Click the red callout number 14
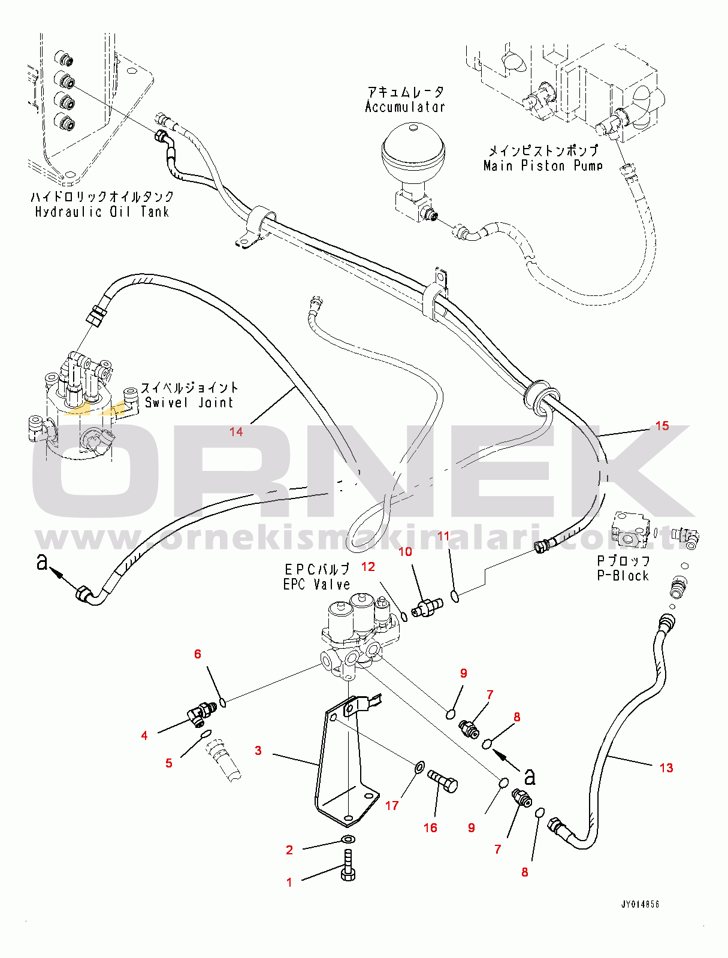(x=236, y=431)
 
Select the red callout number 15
(x=662, y=426)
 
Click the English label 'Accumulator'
(x=405, y=107)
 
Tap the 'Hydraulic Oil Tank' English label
(x=102, y=212)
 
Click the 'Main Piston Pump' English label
(x=543, y=167)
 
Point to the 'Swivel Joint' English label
(x=189, y=403)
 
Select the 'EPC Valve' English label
(x=317, y=584)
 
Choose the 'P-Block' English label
(x=623, y=576)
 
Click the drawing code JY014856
(x=640, y=904)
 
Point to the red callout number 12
(x=368, y=567)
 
